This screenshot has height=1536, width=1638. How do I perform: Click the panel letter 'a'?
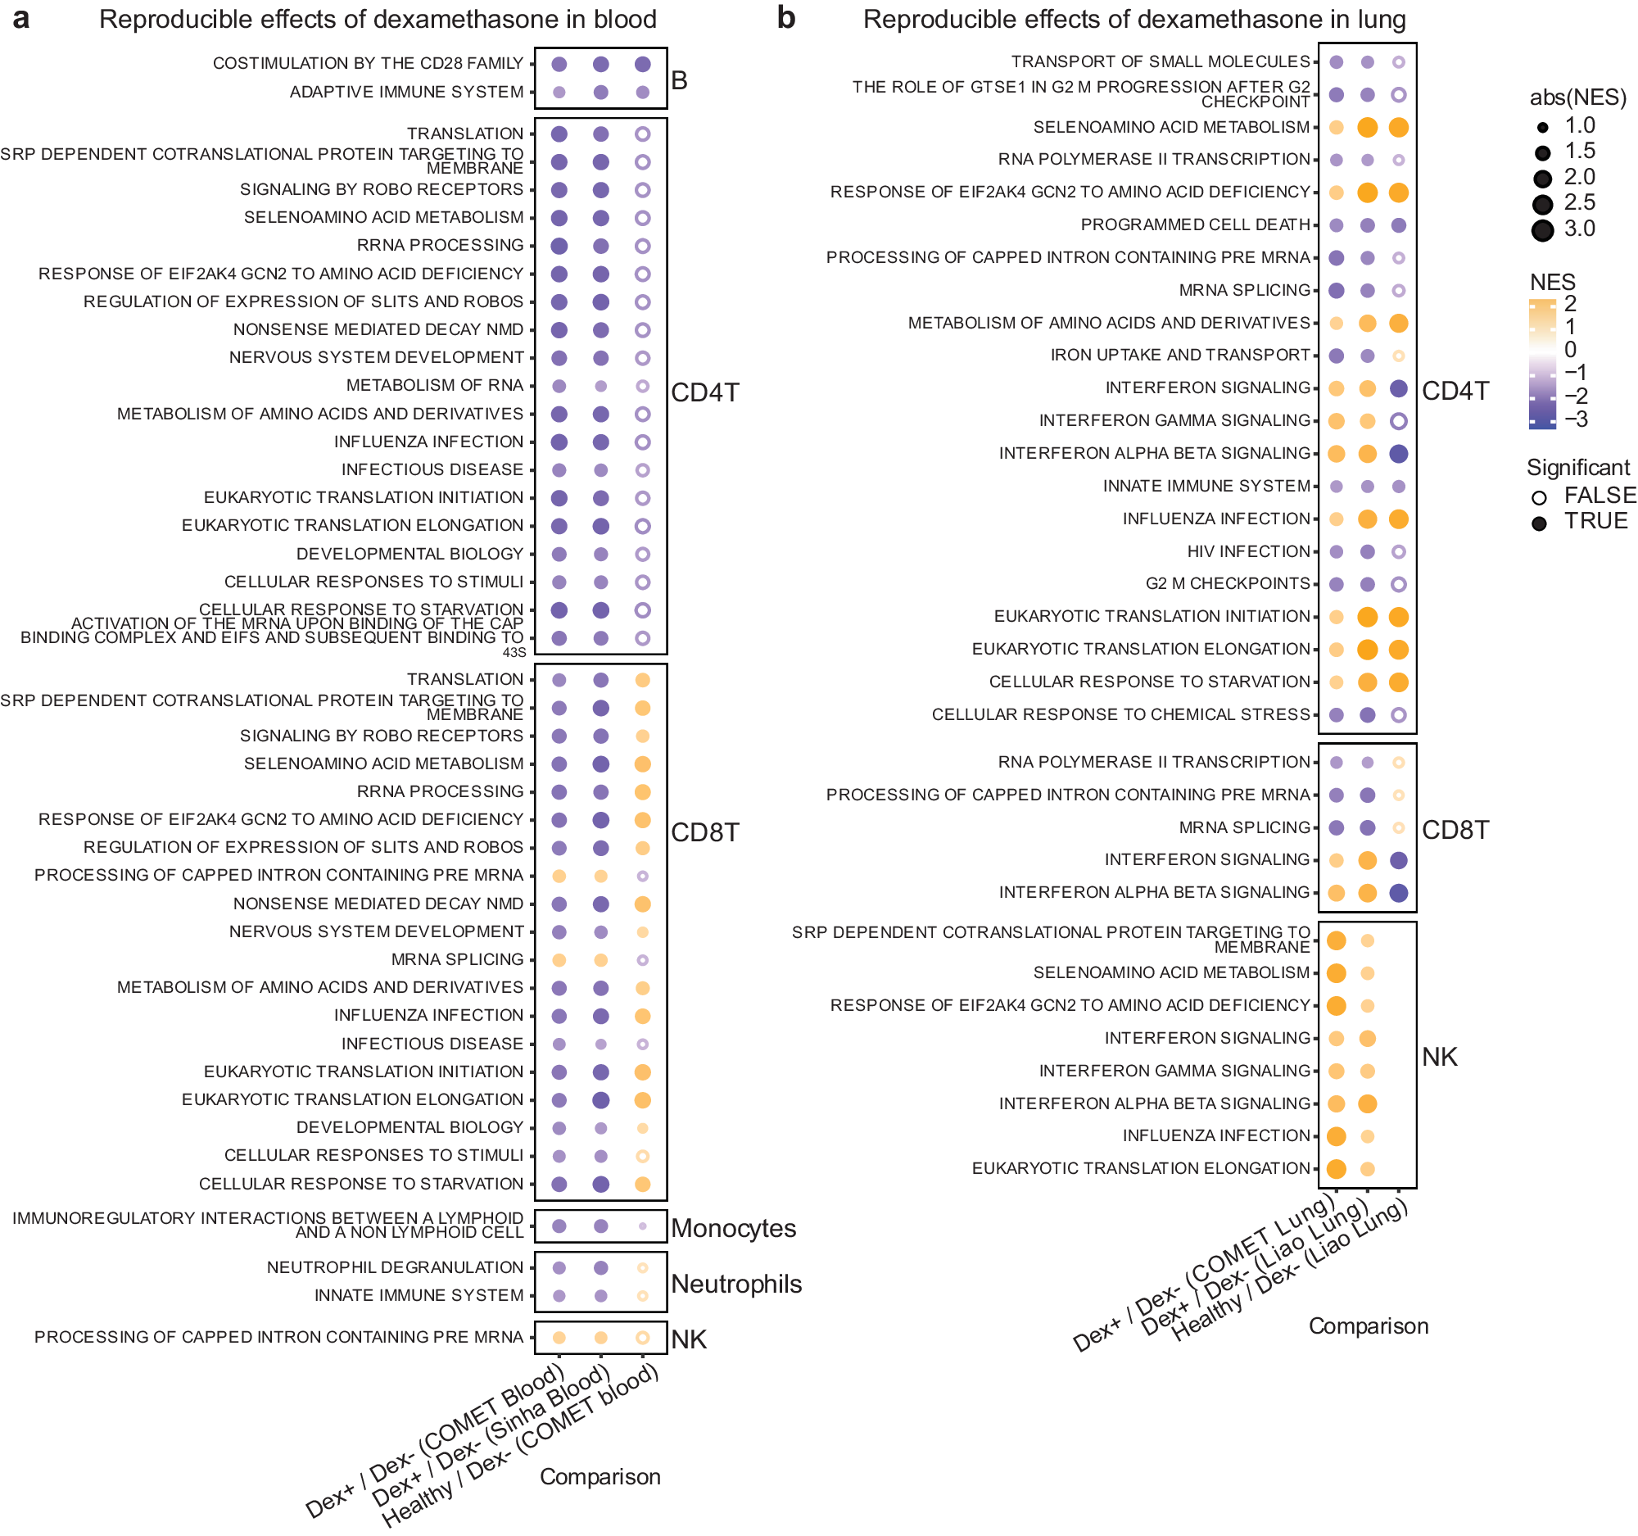[x=21, y=19]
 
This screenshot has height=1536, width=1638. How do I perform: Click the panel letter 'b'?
[x=786, y=19]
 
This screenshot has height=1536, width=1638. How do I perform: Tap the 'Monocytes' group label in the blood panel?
[x=733, y=1228]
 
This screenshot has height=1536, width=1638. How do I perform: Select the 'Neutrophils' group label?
[x=735, y=1284]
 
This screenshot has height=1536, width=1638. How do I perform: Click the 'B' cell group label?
[x=679, y=81]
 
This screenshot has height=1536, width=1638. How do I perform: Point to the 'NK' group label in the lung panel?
[x=1440, y=1057]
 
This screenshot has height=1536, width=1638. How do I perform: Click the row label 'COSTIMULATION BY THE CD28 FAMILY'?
[x=368, y=63]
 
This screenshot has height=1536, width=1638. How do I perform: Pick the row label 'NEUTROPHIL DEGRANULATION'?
[x=395, y=1267]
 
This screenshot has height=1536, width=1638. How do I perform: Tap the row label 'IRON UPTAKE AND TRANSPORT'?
[x=1180, y=356]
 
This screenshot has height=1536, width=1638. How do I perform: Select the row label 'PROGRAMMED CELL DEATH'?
[x=1195, y=225]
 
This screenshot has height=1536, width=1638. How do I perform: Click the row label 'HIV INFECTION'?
[x=1248, y=551]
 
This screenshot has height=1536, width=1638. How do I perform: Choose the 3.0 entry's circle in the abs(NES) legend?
[x=1542, y=230]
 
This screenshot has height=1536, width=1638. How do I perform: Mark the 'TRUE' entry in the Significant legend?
[x=1595, y=522]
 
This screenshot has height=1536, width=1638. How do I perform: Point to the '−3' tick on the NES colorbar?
[x=1577, y=419]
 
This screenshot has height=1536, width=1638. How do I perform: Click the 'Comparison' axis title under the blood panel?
[x=600, y=1477]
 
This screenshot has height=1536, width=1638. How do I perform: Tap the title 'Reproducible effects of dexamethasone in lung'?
[x=1133, y=19]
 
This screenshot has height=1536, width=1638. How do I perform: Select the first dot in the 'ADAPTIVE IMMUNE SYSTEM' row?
[x=559, y=93]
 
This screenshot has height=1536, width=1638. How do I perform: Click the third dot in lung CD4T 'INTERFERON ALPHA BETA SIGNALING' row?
[x=1398, y=454]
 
